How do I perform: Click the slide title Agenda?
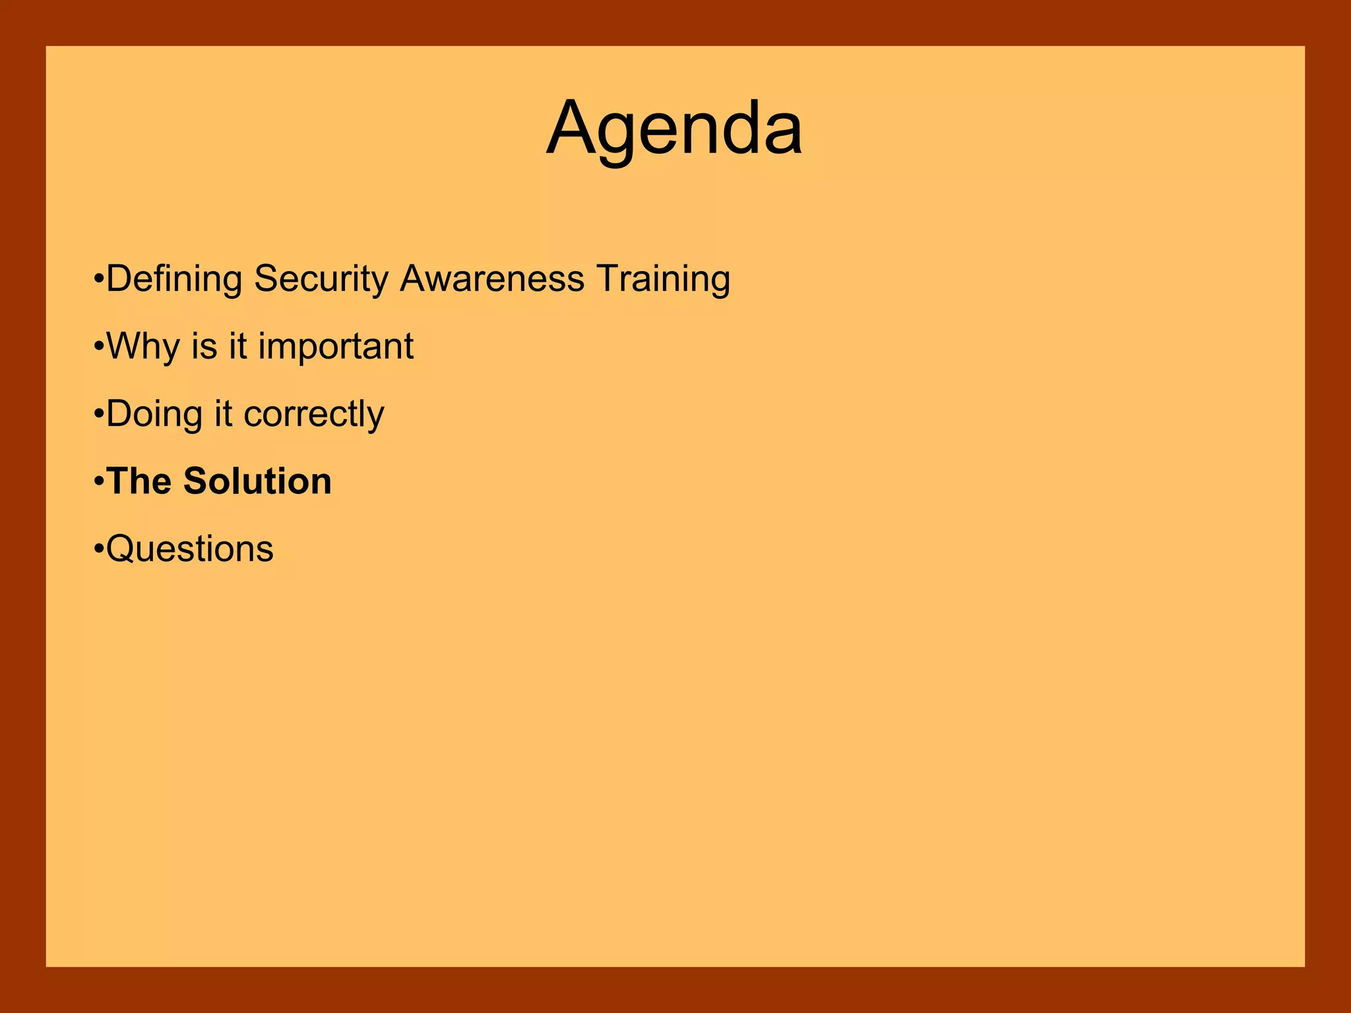click(674, 129)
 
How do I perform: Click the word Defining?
click(174, 279)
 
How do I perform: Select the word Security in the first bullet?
click(321, 279)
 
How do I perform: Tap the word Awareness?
click(492, 279)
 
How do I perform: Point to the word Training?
click(663, 279)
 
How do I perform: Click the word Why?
click(143, 347)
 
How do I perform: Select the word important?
click(336, 347)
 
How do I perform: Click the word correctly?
click(314, 414)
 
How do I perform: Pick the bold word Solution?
click(257, 481)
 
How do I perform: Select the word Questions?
click(190, 549)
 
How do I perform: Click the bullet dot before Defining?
click(99, 278)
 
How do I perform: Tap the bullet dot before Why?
click(99, 346)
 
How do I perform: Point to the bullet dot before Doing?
click(99, 414)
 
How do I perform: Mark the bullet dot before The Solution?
click(99, 481)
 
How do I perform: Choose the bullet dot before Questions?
click(99, 549)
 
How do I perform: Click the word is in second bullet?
click(204, 347)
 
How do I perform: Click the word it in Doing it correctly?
click(224, 414)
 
